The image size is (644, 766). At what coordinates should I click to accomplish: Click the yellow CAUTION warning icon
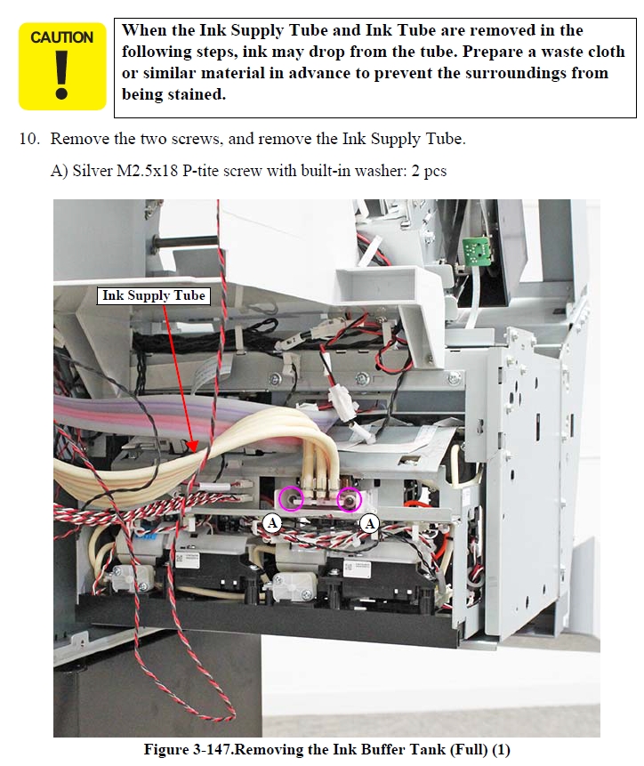[x=62, y=66]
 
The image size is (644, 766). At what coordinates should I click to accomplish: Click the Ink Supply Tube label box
[x=154, y=295]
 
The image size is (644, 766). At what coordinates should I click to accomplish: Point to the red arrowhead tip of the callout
[x=194, y=450]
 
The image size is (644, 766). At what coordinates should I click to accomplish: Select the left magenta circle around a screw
[x=291, y=499]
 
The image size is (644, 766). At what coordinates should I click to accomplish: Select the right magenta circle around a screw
[x=349, y=499]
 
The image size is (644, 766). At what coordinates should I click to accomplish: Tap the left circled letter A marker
[x=272, y=523]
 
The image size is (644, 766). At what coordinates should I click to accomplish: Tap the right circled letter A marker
[x=370, y=524]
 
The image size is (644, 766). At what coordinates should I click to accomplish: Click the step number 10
[x=29, y=139]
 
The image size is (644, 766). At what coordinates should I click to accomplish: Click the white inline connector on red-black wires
[x=344, y=400]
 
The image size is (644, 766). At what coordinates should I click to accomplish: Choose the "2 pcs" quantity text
[x=429, y=171]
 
